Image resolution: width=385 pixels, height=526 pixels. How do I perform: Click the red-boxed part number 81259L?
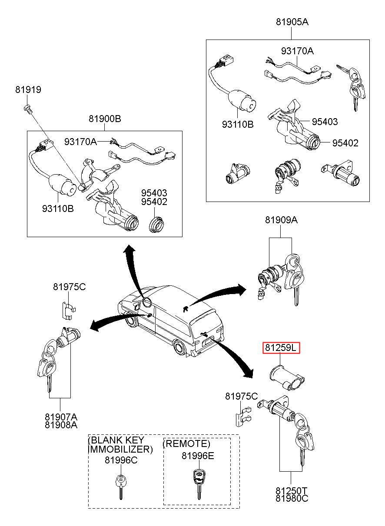281,348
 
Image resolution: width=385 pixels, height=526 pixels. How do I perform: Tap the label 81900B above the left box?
105,119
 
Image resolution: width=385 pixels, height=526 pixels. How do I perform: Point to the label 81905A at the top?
292,22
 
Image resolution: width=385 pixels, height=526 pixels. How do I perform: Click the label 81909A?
281,220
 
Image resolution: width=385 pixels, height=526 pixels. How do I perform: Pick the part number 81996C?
121,460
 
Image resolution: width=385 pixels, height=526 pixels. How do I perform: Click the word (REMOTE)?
186,444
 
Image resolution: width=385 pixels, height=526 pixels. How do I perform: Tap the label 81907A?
61,417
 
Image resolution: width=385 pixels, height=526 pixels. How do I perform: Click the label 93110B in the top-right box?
238,125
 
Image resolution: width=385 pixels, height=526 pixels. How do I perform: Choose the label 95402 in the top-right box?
345,143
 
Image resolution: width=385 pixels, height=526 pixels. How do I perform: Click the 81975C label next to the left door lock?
70,287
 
